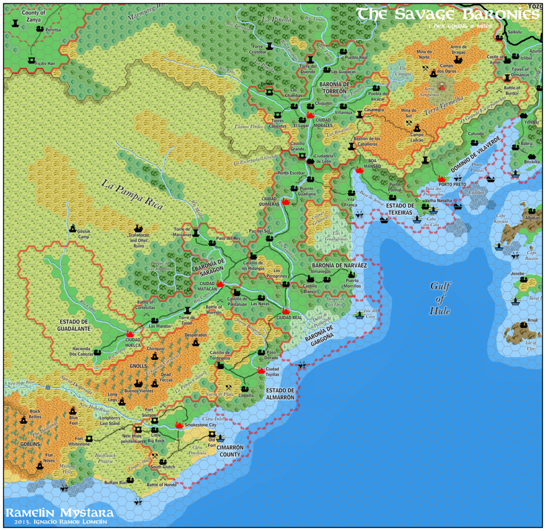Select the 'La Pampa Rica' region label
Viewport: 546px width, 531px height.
pyautogui.click(x=131, y=193)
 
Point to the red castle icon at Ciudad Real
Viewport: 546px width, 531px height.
pyautogui.click(x=286, y=311)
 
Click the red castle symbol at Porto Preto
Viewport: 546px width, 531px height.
pyautogui.click(x=441, y=179)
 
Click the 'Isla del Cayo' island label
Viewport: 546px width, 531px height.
pyautogui.click(x=371, y=313)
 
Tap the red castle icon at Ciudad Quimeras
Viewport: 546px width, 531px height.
pyautogui.click(x=286, y=202)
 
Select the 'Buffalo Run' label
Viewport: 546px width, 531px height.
pyautogui.click(x=115, y=482)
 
